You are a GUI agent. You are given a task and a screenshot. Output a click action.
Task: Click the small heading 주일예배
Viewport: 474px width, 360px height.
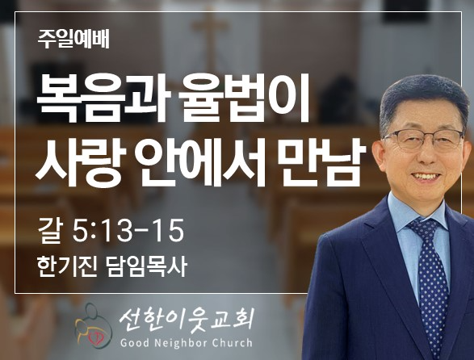click(73, 40)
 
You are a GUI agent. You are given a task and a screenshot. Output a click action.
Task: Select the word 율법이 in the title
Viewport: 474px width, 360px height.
click(244, 98)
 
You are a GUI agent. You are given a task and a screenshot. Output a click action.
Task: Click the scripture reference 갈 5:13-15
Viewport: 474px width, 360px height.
click(111, 231)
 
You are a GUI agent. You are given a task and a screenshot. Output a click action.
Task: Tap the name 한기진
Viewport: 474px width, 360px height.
click(67, 266)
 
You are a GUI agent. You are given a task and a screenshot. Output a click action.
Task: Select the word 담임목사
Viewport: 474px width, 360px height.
click(146, 266)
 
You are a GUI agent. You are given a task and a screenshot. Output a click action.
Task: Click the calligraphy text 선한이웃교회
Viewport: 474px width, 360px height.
click(186, 320)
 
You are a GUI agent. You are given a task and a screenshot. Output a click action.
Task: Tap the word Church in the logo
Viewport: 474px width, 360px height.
click(233, 343)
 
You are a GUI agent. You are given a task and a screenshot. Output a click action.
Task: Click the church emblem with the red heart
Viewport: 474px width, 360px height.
click(93, 325)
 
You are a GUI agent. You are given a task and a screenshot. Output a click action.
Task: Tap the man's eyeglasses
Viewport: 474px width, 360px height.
click(424, 140)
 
